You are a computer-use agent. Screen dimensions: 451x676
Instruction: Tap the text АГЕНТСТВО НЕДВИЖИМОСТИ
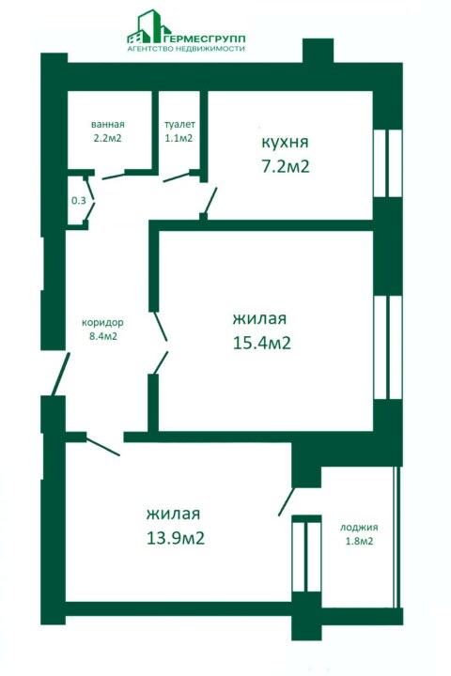click(186, 49)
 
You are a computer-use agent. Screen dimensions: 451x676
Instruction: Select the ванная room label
click(108, 125)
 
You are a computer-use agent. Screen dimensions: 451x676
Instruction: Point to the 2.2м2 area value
click(108, 138)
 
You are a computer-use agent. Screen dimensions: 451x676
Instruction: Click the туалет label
click(179, 125)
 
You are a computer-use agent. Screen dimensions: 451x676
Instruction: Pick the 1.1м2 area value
click(179, 138)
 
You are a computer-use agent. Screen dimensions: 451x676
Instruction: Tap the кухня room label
click(285, 143)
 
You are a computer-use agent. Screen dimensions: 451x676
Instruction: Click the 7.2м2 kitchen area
click(286, 166)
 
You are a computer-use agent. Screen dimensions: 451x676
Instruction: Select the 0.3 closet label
click(79, 201)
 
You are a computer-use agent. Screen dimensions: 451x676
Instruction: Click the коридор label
click(102, 322)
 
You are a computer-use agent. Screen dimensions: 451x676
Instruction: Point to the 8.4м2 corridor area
click(103, 336)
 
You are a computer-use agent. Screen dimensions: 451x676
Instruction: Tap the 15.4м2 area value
click(261, 344)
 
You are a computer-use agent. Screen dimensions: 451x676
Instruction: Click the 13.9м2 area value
click(175, 539)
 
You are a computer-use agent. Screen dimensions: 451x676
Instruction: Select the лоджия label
click(359, 528)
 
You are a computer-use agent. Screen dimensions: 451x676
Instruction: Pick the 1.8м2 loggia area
click(359, 542)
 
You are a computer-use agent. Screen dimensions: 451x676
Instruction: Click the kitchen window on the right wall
click(387, 163)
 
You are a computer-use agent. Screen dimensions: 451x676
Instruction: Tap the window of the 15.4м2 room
click(388, 347)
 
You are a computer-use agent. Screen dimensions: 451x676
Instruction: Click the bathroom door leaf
click(113, 176)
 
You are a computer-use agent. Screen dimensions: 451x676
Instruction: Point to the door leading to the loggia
click(287, 501)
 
